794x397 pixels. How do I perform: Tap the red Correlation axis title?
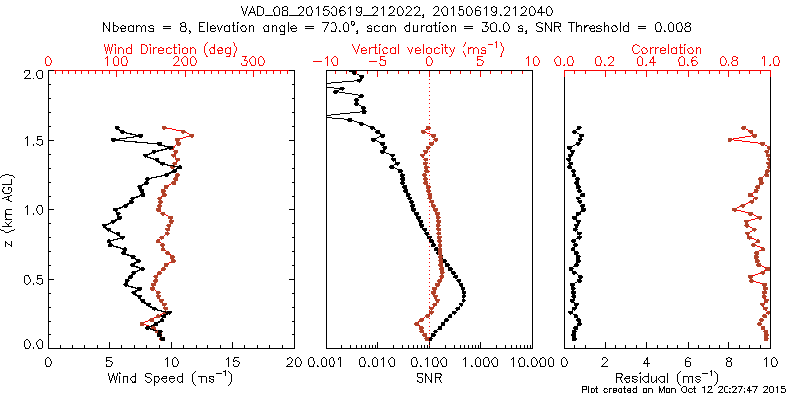click(667, 49)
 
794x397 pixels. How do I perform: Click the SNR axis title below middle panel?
click(429, 377)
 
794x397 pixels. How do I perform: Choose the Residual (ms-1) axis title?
click(667, 377)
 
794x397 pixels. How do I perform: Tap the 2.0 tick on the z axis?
click(33, 75)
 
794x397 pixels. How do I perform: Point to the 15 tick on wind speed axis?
click(233, 363)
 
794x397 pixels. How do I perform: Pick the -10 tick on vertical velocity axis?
click(322, 62)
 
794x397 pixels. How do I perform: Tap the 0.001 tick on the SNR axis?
click(326, 363)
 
